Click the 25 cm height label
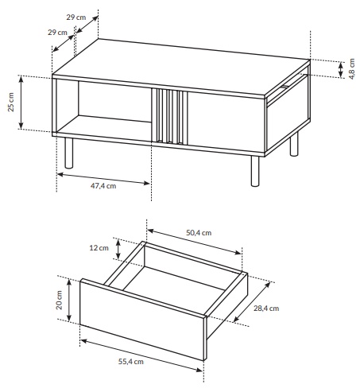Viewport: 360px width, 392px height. click(x=11, y=103)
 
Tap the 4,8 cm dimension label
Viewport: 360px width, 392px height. click(x=351, y=69)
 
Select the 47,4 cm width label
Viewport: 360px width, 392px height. click(x=103, y=186)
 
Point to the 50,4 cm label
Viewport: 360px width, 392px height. click(x=199, y=233)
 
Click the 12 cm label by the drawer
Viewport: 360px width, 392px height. click(x=99, y=248)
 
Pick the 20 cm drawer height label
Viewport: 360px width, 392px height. click(x=59, y=300)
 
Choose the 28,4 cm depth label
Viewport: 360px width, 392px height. click(x=266, y=309)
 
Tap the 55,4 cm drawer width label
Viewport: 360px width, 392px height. click(x=131, y=362)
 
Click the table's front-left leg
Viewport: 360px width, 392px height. click(x=69, y=153)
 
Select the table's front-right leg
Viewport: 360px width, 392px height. click(x=255, y=171)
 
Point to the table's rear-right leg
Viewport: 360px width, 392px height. click(x=294, y=144)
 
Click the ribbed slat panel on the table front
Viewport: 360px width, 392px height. click(x=169, y=117)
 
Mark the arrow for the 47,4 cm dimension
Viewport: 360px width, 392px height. click(x=103, y=179)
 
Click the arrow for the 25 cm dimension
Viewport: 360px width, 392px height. click(x=21, y=103)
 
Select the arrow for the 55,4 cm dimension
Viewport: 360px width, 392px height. click(x=141, y=355)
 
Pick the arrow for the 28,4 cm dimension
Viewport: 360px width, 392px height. click(x=252, y=302)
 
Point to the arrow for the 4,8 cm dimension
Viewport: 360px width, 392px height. click(x=341, y=69)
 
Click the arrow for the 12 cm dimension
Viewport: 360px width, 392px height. click(x=118, y=249)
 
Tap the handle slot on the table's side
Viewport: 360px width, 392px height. click(x=285, y=86)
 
